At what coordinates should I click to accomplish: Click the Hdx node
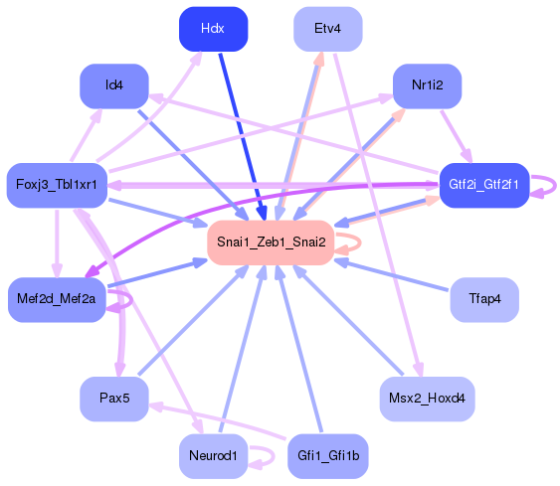tap(213, 29)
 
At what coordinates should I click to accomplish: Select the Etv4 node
tap(327, 29)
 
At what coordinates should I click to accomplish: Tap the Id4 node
tap(114, 85)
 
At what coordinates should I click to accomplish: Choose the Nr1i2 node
tap(426, 85)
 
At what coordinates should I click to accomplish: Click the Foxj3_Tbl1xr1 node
tap(57, 186)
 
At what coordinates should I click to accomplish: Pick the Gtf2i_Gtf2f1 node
tap(483, 186)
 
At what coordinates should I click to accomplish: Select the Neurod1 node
tap(213, 456)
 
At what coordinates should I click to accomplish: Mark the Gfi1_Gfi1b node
tap(327, 456)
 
